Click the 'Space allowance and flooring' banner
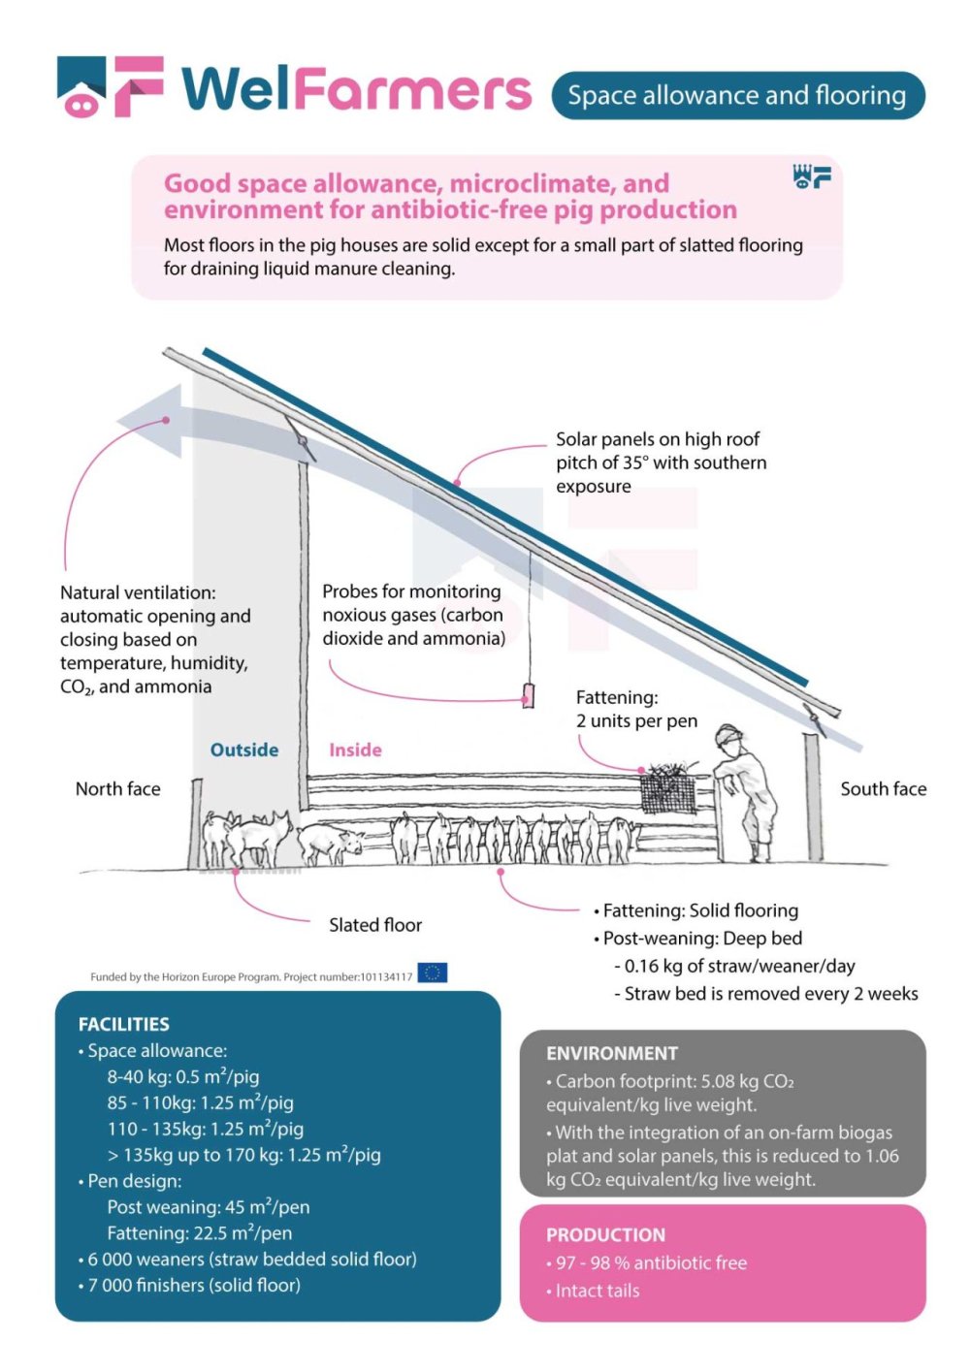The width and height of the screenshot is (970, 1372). click(x=737, y=95)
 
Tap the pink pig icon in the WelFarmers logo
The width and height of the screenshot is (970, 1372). click(x=81, y=102)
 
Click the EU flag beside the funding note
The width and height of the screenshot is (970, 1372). click(x=433, y=973)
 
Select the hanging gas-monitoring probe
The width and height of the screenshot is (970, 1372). click(x=529, y=695)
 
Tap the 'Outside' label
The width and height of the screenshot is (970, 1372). click(x=244, y=750)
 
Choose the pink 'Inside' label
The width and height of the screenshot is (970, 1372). click(x=355, y=750)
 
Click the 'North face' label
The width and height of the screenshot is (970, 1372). click(x=118, y=789)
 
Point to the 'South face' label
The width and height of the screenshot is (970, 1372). click(x=883, y=789)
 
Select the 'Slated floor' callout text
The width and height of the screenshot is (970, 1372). click(x=375, y=925)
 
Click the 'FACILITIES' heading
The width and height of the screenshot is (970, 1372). click(x=124, y=1024)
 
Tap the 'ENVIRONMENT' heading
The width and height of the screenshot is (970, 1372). click(x=612, y=1053)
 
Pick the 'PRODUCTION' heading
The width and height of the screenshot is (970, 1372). click(x=605, y=1234)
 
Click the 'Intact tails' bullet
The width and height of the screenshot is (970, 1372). click(x=598, y=1291)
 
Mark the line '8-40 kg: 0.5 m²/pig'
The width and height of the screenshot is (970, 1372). click(x=183, y=1076)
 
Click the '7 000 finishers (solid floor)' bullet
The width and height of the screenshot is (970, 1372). click(x=193, y=1285)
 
